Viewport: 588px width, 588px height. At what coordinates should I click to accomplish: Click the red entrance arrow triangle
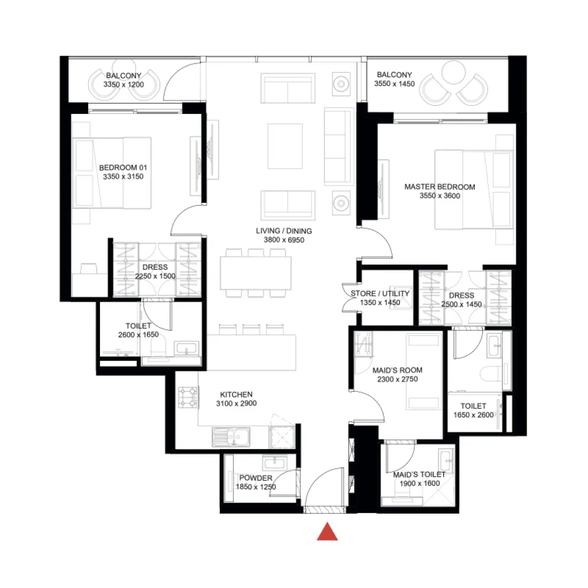point(327,532)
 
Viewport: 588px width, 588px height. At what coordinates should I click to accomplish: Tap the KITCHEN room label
point(236,394)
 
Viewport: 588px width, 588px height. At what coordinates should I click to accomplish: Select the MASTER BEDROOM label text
point(439,187)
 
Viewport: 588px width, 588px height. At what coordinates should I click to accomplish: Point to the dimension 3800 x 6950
point(284,240)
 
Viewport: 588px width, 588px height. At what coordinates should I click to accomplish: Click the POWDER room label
point(256,478)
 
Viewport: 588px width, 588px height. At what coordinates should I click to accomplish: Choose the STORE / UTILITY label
point(380,293)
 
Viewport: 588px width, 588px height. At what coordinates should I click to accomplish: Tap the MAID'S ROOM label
point(397,370)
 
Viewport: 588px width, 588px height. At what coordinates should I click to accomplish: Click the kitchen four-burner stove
point(188,397)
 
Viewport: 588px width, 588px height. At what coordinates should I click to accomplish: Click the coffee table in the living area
point(285,146)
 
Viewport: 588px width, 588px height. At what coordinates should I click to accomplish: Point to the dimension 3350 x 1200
point(123,84)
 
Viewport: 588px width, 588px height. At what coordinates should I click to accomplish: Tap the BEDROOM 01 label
point(123,168)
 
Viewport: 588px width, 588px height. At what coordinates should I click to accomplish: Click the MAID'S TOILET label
point(419,474)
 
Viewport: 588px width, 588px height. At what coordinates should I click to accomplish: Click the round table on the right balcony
point(454,72)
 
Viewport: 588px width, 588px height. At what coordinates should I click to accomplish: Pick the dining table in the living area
point(256,273)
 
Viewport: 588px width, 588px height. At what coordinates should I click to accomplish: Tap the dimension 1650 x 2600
point(474,415)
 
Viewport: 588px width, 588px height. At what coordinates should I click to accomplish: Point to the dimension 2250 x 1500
point(155,276)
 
